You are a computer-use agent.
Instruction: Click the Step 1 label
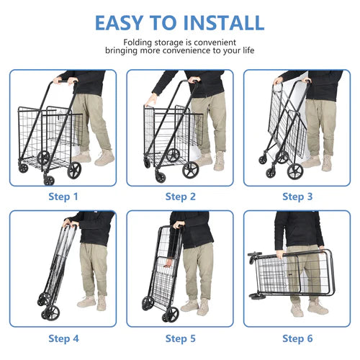(63, 197)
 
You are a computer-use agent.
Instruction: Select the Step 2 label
(181, 197)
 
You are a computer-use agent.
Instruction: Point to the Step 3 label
(297, 197)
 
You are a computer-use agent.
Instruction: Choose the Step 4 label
(63, 338)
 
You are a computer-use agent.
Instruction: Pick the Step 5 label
(181, 338)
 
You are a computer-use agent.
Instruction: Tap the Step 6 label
(297, 338)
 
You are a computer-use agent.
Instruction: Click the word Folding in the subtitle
(138, 42)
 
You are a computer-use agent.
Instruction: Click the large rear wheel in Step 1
(74, 170)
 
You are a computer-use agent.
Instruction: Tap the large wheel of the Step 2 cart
(190, 170)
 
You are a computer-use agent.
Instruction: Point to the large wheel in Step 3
(294, 171)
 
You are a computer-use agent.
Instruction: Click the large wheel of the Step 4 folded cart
(51, 312)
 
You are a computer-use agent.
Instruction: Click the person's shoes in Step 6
(307, 307)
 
